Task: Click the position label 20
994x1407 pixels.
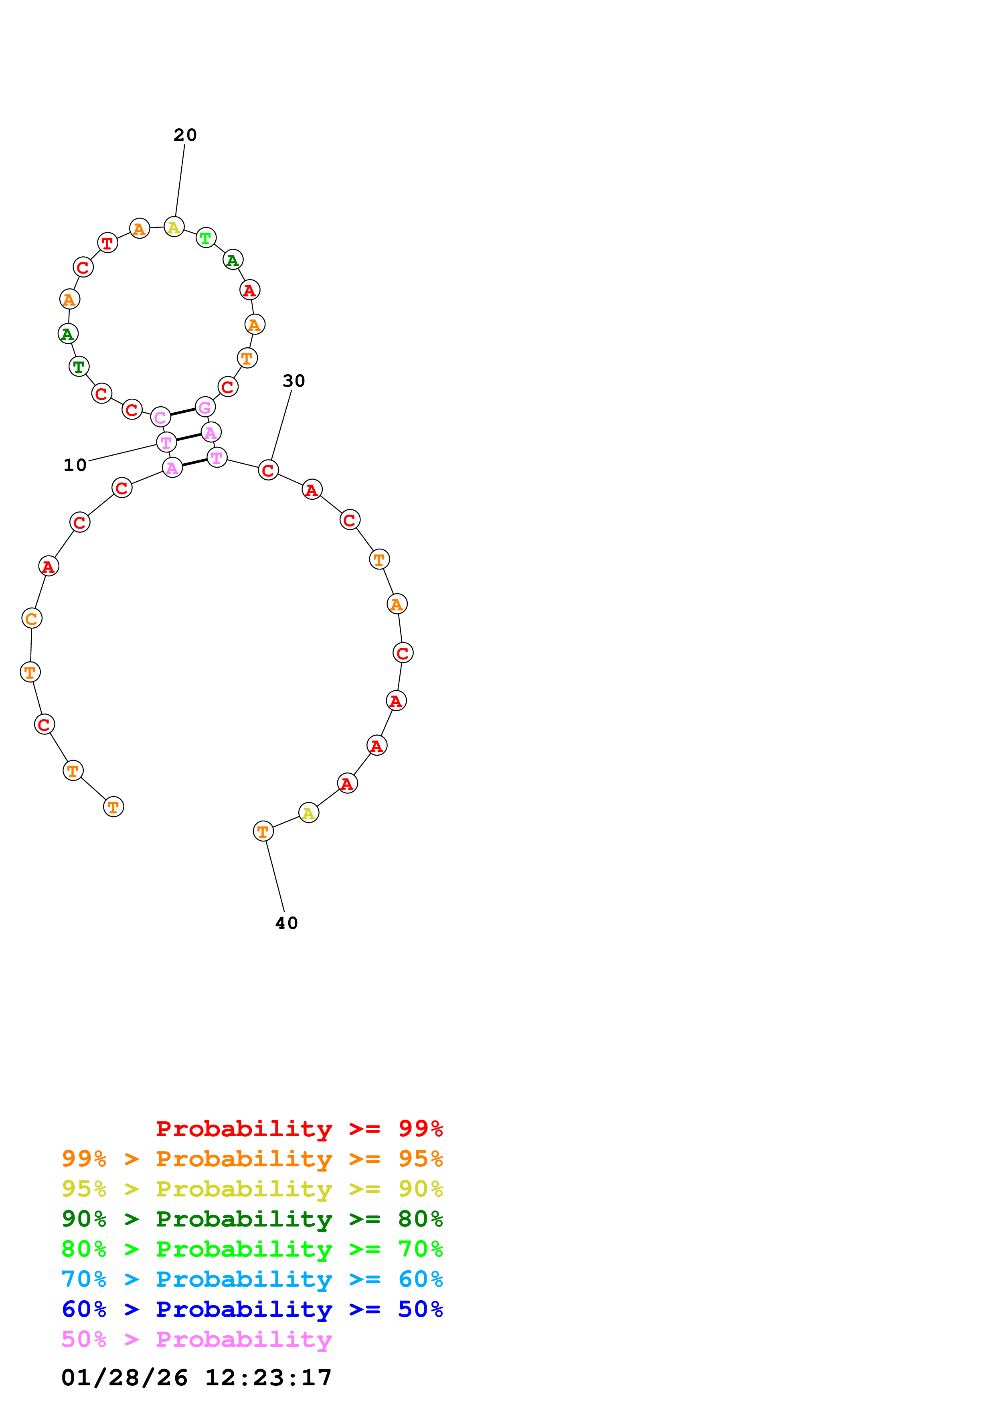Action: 185,135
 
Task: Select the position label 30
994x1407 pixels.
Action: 294,381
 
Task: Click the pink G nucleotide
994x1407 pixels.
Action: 205,407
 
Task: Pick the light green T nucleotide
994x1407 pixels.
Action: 206,238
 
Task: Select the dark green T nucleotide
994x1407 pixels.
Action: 79,367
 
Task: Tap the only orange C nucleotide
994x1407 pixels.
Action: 32,618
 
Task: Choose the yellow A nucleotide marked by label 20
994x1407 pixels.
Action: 174,227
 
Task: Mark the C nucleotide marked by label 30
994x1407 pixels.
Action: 268,470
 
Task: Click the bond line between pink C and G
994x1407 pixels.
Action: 182,412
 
